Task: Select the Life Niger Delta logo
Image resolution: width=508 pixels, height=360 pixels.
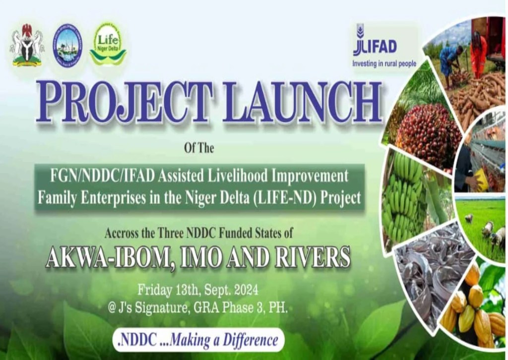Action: pos(108,45)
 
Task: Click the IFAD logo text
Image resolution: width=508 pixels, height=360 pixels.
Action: pos(376,46)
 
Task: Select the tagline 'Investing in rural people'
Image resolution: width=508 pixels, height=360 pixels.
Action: pos(384,63)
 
